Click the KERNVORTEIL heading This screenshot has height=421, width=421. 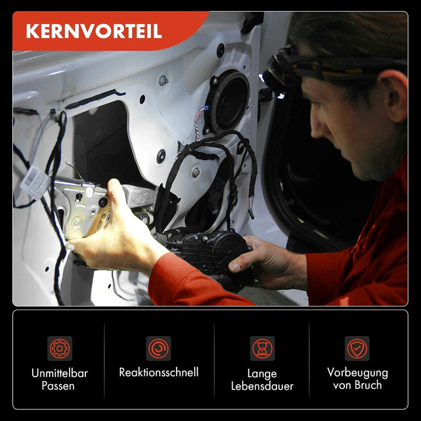pyautogui.click(x=94, y=32)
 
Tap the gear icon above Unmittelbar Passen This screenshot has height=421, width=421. pyautogui.click(x=60, y=348)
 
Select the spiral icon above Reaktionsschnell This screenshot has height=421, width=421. pyautogui.click(x=158, y=348)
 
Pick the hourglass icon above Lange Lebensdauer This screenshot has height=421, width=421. pyautogui.click(x=263, y=348)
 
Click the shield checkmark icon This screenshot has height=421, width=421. pyautogui.click(x=357, y=348)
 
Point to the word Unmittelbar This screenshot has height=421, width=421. pyautogui.click(x=60, y=373)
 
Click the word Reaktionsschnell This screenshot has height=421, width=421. pyautogui.click(x=158, y=372)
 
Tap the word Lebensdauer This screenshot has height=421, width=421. pyautogui.click(x=262, y=386)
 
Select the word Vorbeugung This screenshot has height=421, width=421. pyautogui.click(x=357, y=373)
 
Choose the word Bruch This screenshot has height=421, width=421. pyautogui.click(x=368, y=385)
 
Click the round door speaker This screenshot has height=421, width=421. pyautogui.click(x=227, y=102)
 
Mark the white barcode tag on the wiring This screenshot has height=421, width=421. pyautogui.click(x=35, y=182)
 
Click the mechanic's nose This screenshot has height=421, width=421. pyautogui.click(x=316, y=126)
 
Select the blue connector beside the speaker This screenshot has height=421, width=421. pyautogui.click(x=206, y=109)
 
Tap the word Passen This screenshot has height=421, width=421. pyautogui.click(x=58, y=386)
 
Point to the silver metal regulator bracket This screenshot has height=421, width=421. pyautogui.click(x=81, y=207)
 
